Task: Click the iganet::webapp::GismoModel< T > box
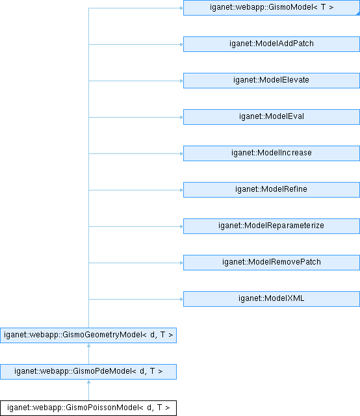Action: coord(272,7)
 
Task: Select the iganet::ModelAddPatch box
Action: coord(272,44)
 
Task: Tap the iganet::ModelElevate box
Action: coord(272,81)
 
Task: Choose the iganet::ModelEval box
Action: coord(272,117)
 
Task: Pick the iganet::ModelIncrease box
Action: coord(272,153)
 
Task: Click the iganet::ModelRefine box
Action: coord(272,190)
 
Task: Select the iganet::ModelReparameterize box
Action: coord(272,226)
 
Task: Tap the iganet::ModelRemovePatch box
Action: coord(272,263)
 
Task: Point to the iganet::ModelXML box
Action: coord(272,299)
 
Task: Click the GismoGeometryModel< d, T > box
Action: coord(88,335)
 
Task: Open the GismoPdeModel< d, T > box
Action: coord(88,372)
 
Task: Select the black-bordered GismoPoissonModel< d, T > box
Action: coord(88,408)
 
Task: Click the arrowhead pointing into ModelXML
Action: coord(182,299)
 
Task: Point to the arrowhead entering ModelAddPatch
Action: coord(182,45)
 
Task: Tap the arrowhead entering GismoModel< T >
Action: coord(182,8)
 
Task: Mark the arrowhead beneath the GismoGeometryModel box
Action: coord(88,345)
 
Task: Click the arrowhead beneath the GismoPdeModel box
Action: coord(88,382)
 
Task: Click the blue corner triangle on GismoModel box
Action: coord(359,14)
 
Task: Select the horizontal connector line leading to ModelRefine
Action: coord(136,190)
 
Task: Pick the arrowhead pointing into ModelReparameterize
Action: coord(182,227)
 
